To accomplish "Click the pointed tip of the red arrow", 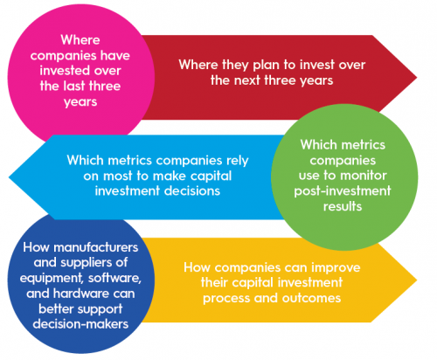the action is tap(417, 78).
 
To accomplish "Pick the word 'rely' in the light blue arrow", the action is tap(238, 161).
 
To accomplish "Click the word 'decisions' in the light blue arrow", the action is tap(192, 190).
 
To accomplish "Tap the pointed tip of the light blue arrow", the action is tap(9, 177).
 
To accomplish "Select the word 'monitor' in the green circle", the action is tap(364, 176).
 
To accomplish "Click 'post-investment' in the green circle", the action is tap(343, 191).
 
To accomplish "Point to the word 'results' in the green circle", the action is tap(343, 206).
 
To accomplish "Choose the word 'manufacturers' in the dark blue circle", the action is tap(96, 247).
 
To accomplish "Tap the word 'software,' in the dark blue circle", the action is tap(114, 278).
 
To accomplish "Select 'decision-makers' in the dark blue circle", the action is tap(80, 324).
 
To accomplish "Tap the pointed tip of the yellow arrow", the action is tap(417, 280).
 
